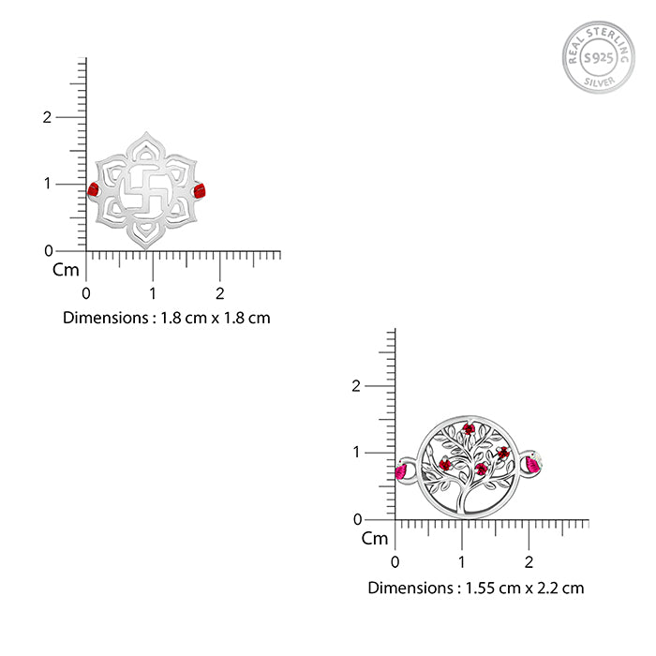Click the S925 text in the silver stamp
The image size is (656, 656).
point(598,58)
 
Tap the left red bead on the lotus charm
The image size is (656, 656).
point(94,189)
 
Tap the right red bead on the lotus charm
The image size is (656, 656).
point(200,190)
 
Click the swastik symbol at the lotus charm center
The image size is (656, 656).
point(146,190)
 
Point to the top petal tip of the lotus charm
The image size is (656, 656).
point(146,132)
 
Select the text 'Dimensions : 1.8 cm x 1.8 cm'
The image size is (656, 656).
point(167,318)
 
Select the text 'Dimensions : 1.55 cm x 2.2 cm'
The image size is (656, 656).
point(476,588)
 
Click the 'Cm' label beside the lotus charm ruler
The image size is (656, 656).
point(66,270)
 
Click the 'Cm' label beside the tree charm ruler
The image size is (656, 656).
point(375,539)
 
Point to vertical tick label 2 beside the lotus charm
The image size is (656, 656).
point(47,117)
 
